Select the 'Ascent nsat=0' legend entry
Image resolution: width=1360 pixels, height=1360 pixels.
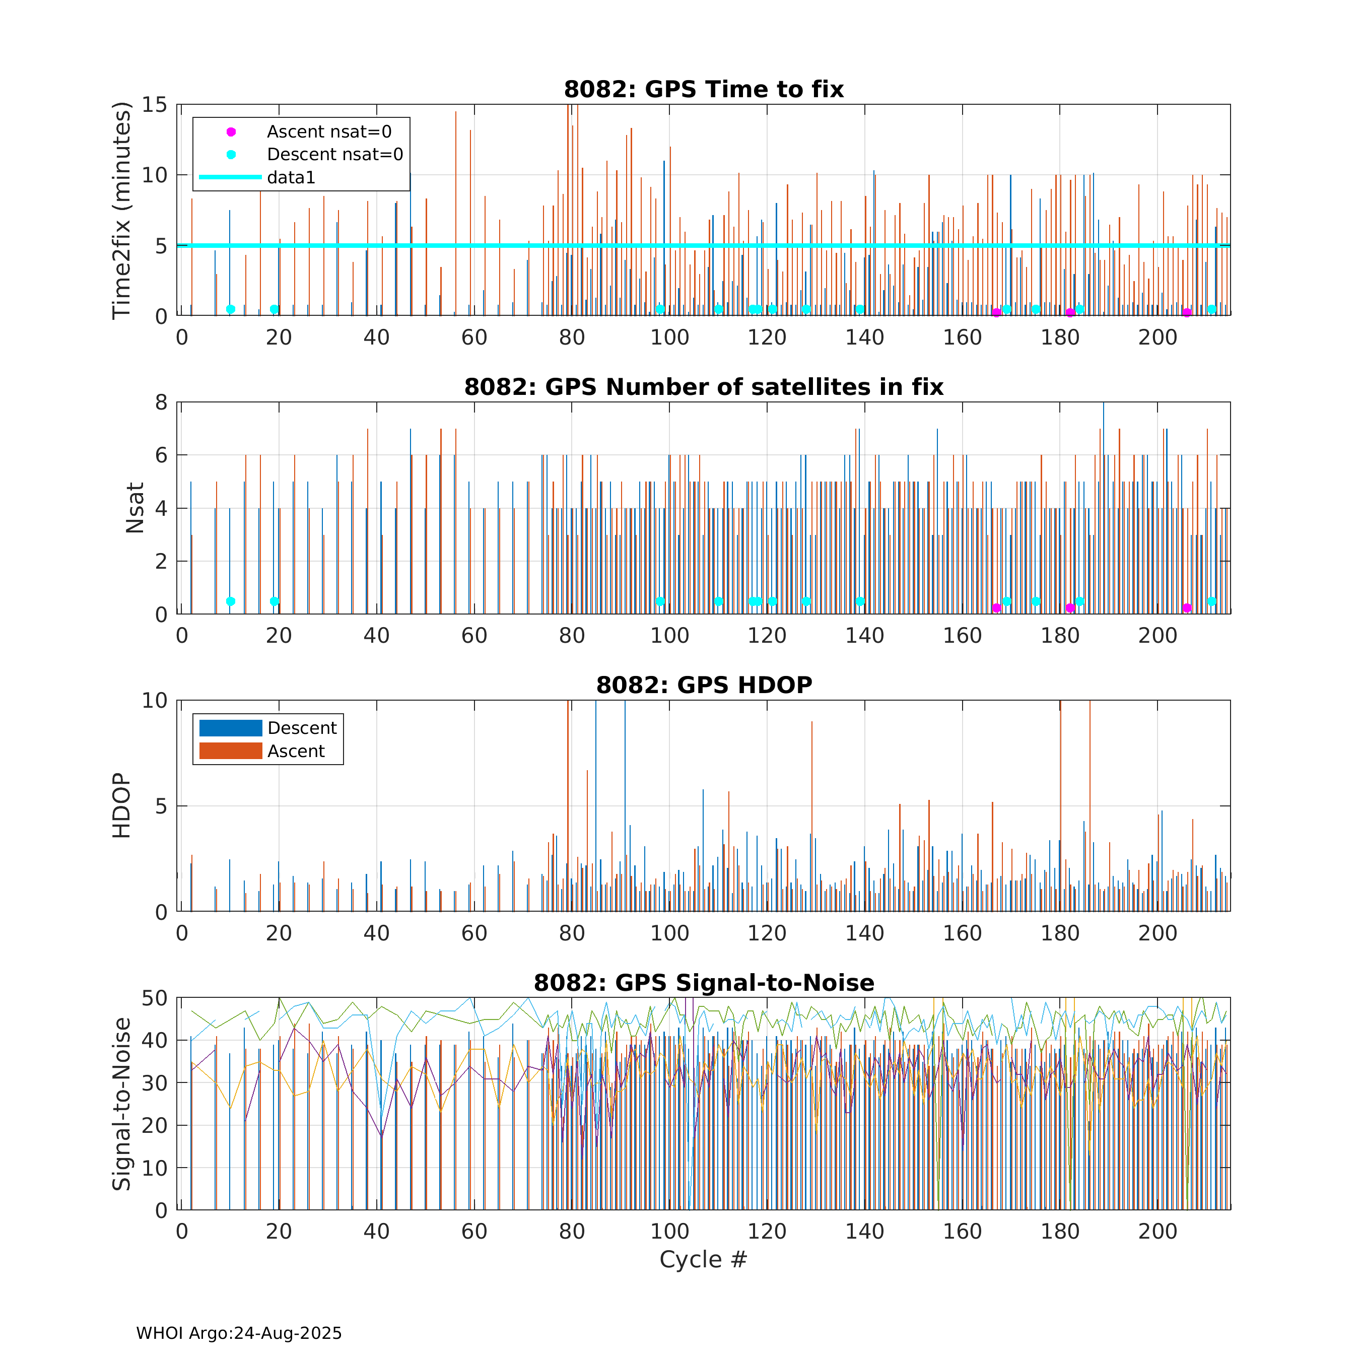[329, 131]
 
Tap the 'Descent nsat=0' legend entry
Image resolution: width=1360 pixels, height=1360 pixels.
[334, 154]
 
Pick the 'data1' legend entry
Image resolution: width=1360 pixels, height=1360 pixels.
[291, 177]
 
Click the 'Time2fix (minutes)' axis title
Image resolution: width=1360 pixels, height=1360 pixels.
[122, 211]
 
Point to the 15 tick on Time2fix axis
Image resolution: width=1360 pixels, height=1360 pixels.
[155, 105]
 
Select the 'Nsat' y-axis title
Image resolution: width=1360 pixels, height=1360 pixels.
[134, 508]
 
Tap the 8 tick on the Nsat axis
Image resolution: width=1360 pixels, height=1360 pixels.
[162, 402]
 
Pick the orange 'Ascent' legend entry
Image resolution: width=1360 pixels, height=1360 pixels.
[296, 751]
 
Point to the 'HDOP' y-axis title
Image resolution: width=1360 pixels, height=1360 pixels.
[122, 805]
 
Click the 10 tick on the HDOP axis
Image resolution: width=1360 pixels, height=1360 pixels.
[155, 701]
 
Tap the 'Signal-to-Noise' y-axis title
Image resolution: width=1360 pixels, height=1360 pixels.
[122, 1104]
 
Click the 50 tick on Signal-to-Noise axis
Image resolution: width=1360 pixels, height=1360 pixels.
[155, 998]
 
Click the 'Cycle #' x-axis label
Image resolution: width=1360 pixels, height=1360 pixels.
[703, 1259]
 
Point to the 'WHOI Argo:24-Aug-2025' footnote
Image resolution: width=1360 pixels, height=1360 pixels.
[239, 1333]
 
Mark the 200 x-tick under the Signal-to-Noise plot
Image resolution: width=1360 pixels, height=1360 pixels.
[1158, 1231]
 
